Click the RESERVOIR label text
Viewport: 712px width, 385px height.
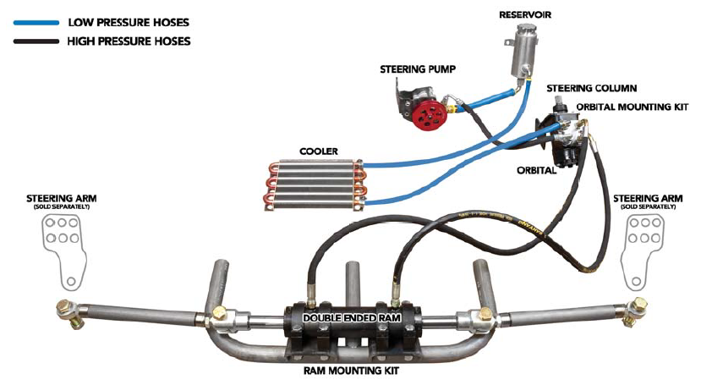coord(524,14)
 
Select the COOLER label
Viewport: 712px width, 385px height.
coord(319,151)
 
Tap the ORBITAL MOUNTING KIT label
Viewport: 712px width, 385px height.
coord(633,107)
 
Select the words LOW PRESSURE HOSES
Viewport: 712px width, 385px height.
coord(129,23)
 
